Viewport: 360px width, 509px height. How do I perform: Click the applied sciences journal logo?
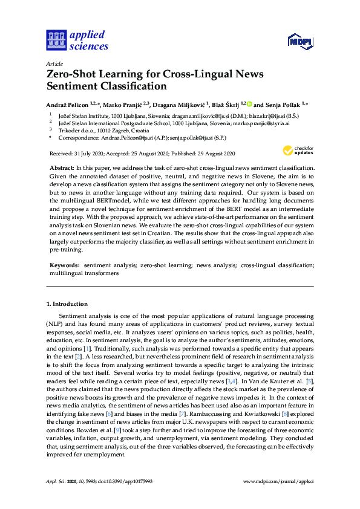coord(77,41)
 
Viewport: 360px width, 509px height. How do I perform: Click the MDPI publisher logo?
coord(299,42)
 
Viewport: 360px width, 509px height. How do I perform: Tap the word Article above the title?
coord(54,63)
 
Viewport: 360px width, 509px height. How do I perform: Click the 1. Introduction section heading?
coord(67,303)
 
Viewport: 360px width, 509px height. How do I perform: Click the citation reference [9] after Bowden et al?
coord(93,429)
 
